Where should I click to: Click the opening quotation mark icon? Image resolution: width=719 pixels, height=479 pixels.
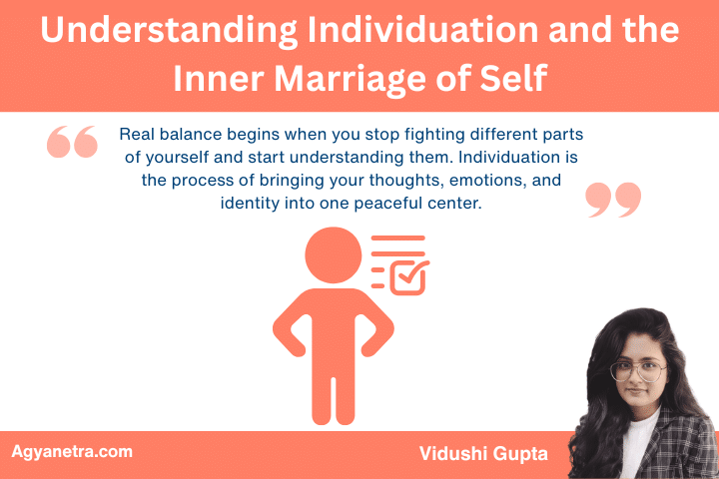72,143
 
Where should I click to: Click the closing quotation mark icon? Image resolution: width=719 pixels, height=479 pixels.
613,200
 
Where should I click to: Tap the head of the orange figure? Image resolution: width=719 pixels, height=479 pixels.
334,256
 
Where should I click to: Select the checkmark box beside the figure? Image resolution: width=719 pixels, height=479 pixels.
407,277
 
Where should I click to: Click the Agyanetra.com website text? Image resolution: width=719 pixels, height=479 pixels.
71,452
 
